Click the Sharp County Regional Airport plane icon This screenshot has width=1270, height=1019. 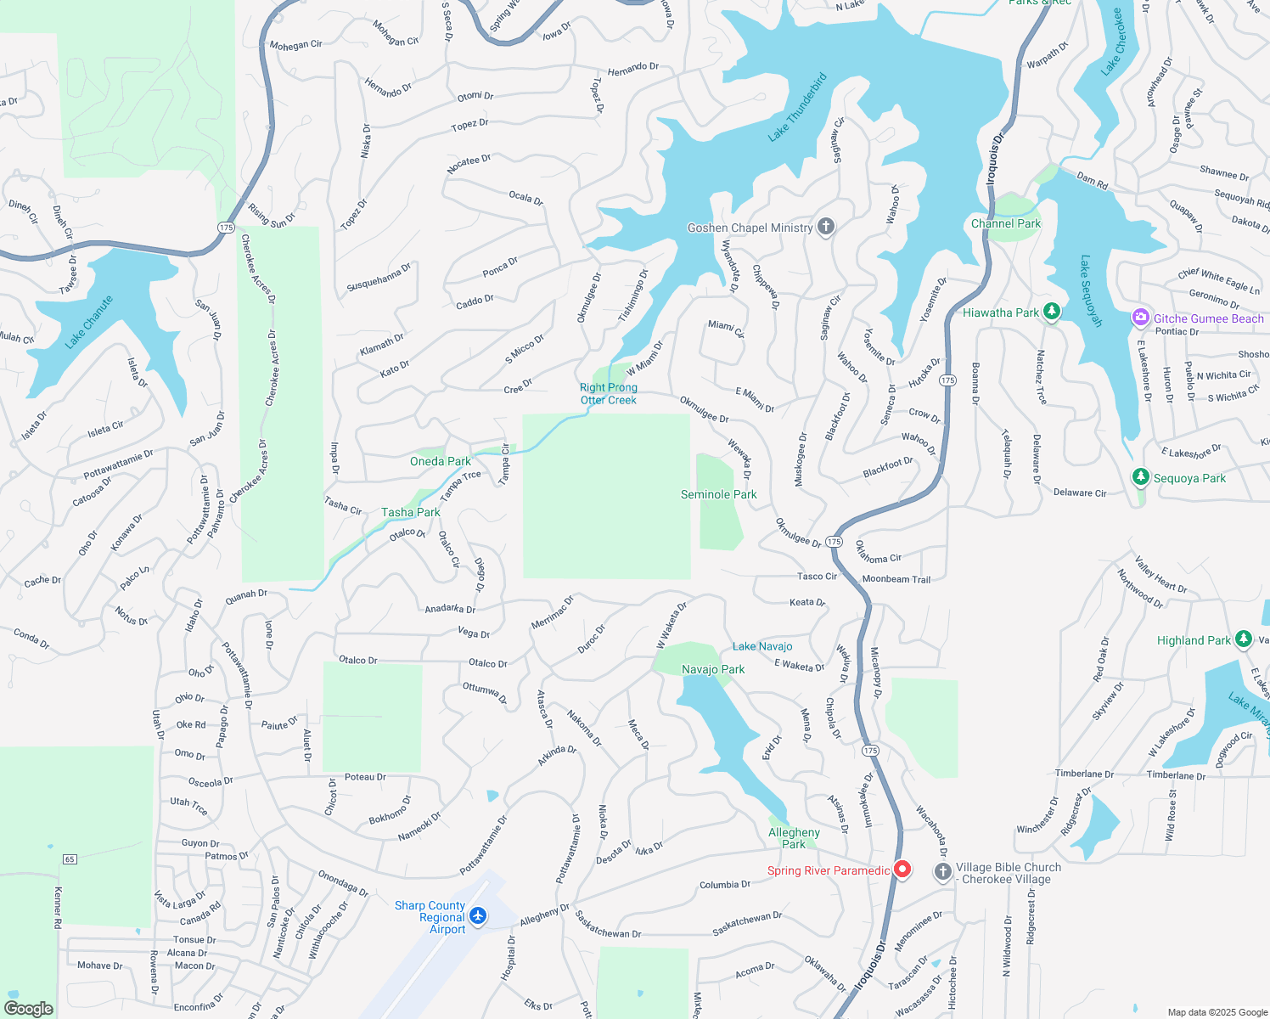(478, 915)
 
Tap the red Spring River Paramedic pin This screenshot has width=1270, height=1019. (902, 870)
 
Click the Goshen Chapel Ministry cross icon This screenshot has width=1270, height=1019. (825, 227)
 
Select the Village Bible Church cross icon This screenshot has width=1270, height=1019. (942, 872)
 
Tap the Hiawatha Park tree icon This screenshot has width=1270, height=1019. (1052, 312)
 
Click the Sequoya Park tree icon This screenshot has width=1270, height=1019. (1141, 477)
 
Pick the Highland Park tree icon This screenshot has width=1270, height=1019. (1244, 639)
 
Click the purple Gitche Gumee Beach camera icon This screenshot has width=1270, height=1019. (1140, 318)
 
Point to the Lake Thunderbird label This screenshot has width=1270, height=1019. (797, 108)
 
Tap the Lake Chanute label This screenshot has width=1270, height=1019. (89, 322)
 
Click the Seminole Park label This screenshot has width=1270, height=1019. (719, 494)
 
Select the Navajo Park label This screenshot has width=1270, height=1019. (713, 669)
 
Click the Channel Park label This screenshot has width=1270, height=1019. (1006, 223)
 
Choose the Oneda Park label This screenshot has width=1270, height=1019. (440, 461)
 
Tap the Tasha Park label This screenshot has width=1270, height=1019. (411, 512)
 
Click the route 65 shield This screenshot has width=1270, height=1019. (70, 859)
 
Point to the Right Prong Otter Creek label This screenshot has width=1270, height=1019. (609, 394)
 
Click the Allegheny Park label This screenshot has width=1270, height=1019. (794, 838)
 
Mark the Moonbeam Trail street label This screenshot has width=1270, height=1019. (896, 579)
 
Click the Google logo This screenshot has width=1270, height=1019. (29, 1009)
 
